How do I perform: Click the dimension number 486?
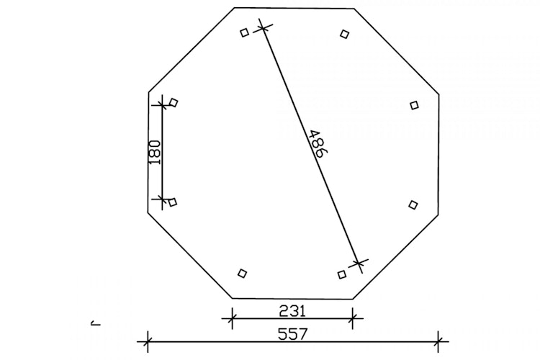[x=316, y=143]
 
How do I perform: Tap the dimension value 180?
[x=155, y=152]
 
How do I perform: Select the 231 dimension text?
[x=292, y=311]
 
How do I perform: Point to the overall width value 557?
[x=292, y=334]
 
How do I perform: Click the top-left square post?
[x=244, y=32]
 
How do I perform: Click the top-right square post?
[x=344, y=34]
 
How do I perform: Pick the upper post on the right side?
[x=414, y=105]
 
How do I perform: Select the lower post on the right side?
[x=413, y=205]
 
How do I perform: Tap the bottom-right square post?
[x=341, y=274]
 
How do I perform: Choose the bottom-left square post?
[x=242, y=273]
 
